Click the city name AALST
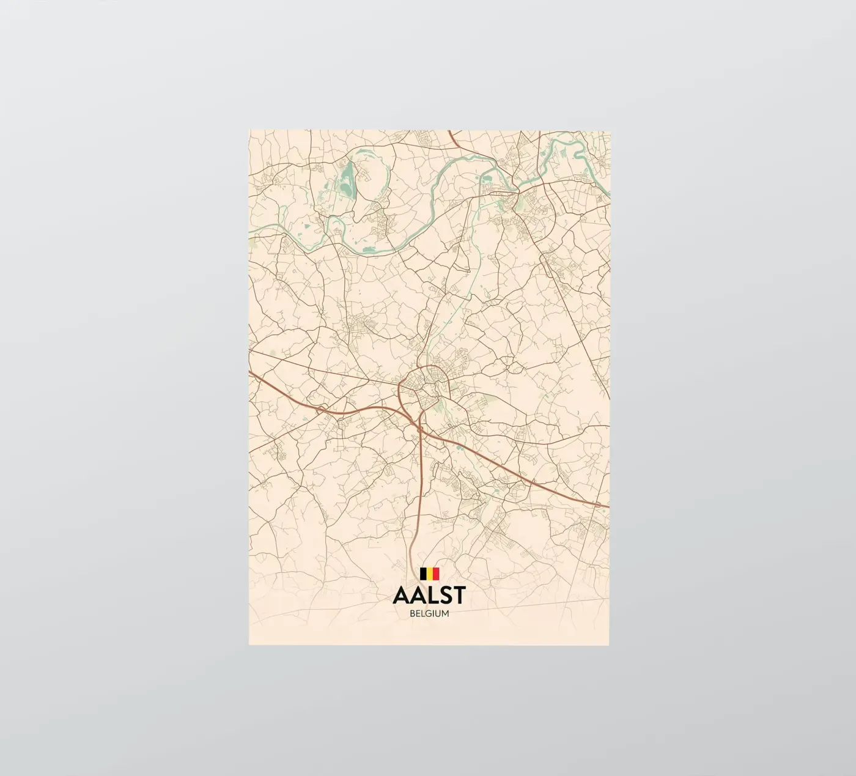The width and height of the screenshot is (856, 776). click(429, 595)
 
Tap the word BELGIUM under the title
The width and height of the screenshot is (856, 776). click(429, 613)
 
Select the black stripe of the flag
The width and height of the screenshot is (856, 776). click(423, 574)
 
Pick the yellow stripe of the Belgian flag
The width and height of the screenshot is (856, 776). click(429, 574)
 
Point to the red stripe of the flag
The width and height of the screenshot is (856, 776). click(436, 574)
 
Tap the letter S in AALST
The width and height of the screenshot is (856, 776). click(445, 595)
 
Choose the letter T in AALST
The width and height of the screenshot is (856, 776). click(459, 595)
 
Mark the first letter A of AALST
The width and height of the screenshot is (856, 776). click(401, 595)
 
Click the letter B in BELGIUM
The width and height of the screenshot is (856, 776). click(412, 613)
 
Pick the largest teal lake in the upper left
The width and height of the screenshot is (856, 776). click(347, 179)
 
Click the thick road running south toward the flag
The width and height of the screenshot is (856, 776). click(418, 501)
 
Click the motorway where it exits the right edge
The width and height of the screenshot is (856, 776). click(602, 505)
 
